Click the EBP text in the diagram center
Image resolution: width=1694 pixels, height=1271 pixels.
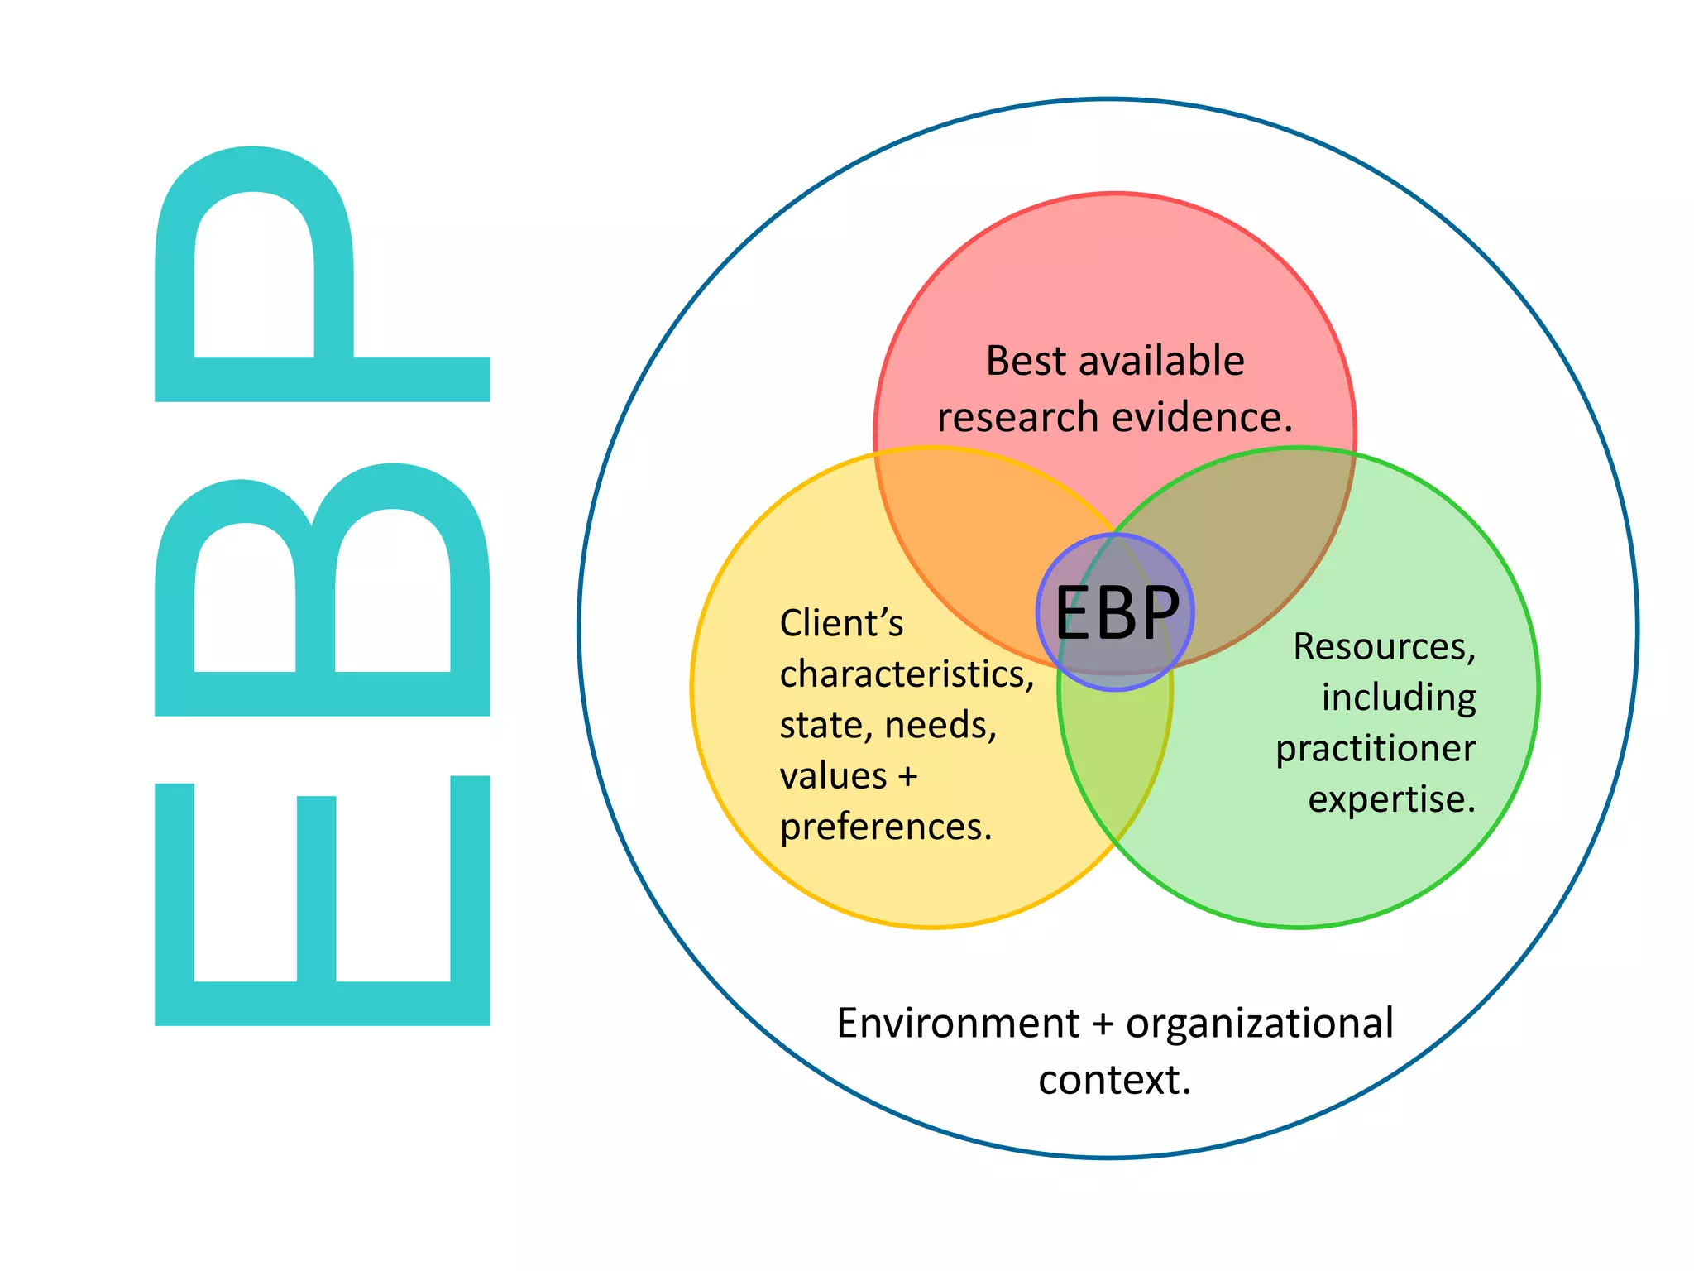[1116, 613]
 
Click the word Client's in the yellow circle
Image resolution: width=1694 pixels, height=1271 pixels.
[840, 623]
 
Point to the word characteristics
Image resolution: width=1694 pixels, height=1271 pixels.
[907, 674]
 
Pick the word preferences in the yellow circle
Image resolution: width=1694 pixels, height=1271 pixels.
[885, 827]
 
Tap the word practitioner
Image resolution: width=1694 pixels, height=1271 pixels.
[1375, 749]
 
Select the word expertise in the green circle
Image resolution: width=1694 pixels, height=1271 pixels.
[1391, 799]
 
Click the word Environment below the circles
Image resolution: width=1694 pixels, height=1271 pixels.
[957, 1024]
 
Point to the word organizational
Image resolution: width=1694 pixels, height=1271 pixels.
[1259, 1024]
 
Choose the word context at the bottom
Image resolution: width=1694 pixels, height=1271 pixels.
[1113, 1080]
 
